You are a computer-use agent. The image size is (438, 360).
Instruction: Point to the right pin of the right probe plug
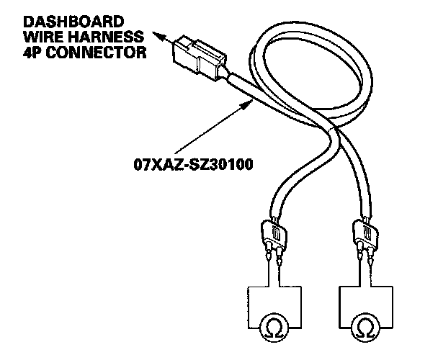pyautogui.click(x=372, y=257)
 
